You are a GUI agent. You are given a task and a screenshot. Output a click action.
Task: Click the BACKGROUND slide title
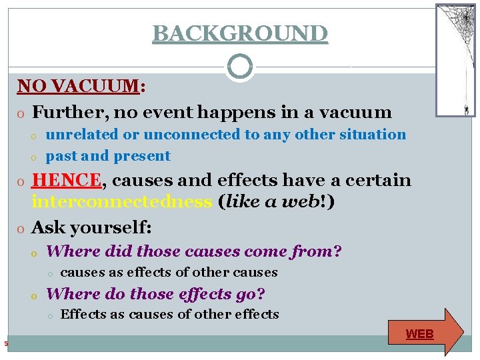coord(240,33)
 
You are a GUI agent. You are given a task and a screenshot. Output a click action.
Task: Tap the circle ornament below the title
coord(240,67)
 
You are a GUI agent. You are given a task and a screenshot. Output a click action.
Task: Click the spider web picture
coord(456,59)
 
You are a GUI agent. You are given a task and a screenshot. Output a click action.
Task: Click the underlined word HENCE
coord(67,180)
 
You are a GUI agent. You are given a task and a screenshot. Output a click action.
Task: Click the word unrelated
coord(82,134)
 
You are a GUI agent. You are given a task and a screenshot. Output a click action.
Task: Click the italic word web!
coord(307,202)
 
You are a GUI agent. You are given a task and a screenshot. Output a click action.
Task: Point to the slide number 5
coord(5,344)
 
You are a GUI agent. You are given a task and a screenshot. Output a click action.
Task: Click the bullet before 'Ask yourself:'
coord(21,229)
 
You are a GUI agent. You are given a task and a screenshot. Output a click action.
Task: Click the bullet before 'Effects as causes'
coord(50,315)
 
